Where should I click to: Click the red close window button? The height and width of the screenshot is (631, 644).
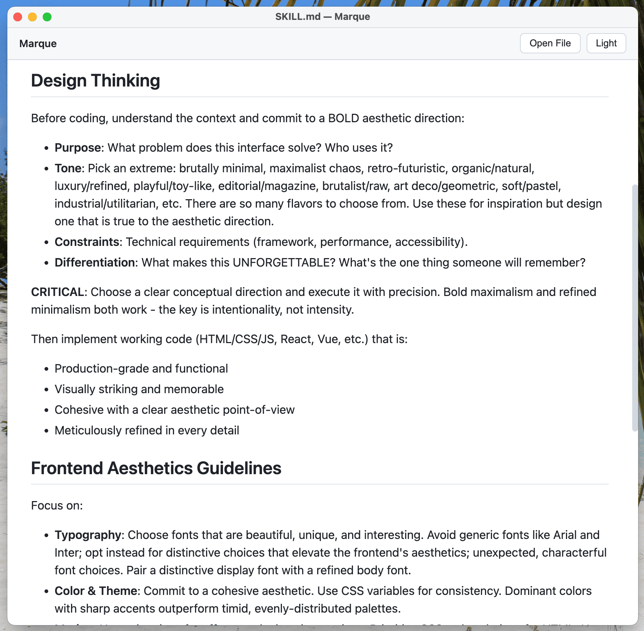click(18, 17)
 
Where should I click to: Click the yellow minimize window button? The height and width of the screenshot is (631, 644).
click(32, 17)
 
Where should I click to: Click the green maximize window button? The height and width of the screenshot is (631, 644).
click(47, 17)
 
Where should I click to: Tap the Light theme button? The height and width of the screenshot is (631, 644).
click(606, 43)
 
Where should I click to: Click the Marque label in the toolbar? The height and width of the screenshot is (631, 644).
click(38, 44)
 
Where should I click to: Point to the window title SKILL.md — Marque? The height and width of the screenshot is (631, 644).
click(322, 17)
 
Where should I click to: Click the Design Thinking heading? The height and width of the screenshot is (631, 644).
click(95, 81)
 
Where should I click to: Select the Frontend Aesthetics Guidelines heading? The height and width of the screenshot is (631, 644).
click(156, 468)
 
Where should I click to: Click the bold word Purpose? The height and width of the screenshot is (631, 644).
click(78, 148)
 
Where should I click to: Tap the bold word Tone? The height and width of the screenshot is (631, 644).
click(69, 168)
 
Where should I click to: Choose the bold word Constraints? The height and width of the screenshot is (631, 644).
click(87, 242)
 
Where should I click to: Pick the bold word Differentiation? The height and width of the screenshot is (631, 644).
click(95, 262)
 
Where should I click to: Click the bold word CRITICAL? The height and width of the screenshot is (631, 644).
click(57, 292)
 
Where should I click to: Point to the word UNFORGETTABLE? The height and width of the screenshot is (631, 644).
click(284, 262)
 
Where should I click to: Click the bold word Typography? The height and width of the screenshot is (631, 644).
click(88, 535)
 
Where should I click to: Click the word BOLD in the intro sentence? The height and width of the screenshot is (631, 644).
click(343, 118)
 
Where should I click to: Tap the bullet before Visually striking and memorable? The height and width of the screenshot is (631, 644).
click(46, 389)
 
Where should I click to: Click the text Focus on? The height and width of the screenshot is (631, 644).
click(57, 505)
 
